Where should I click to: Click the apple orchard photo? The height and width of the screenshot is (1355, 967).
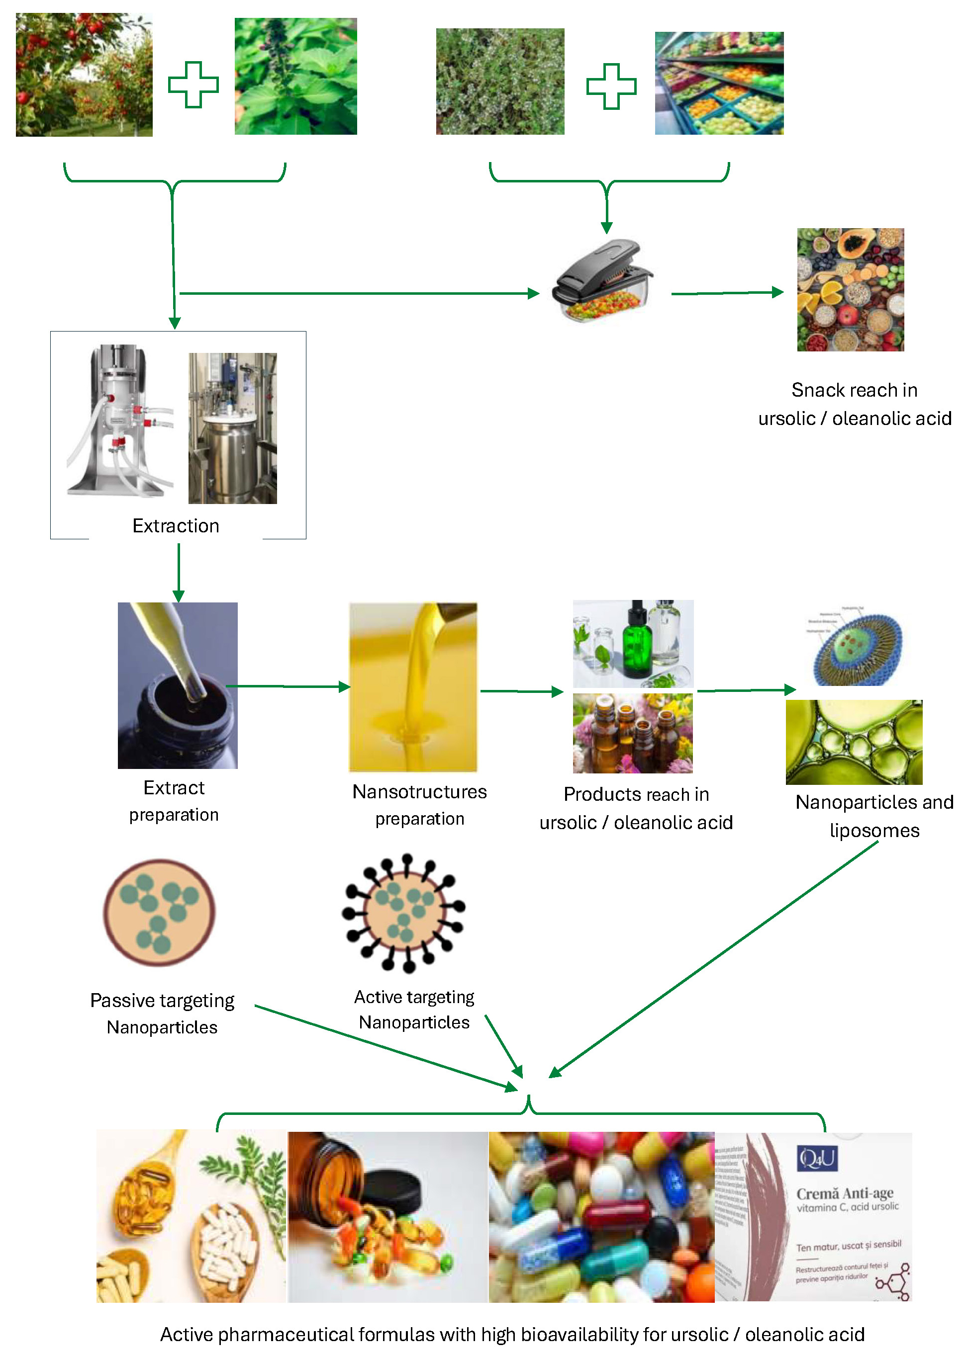pyautogui.click(x=84, y=75)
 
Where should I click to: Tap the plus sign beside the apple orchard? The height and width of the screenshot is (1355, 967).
pyautogui.click(x=193, y=85)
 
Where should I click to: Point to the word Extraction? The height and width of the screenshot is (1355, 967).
pyautogui.click(x=176, y=526)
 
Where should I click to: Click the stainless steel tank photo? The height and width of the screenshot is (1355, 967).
pyautogui.click(x=232, y=428)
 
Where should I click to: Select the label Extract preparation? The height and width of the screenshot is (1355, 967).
pyautogui.click(x=174, y=801)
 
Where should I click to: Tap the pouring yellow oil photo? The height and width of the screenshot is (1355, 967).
pyautogui.click(x=413, y=687)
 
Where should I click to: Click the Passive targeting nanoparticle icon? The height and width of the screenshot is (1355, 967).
pyautogui.click(x=159, y=912)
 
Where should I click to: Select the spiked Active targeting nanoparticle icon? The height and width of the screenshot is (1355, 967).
pyautogui.click(x=404, y=912)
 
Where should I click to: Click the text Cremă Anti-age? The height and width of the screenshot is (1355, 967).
pyautogui.click(x=844, y=1193)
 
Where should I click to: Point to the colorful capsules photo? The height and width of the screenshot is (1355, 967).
pyautogui.click(x=601, y=1217)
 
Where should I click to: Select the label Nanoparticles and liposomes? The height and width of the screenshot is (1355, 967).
pyautogui.click(x=874, y=816)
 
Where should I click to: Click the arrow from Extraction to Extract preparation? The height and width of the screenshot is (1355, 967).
pyautogui.click(x=178, y=571)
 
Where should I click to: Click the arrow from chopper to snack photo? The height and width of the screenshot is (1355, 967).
pyautogui.click(x=726, y=293)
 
